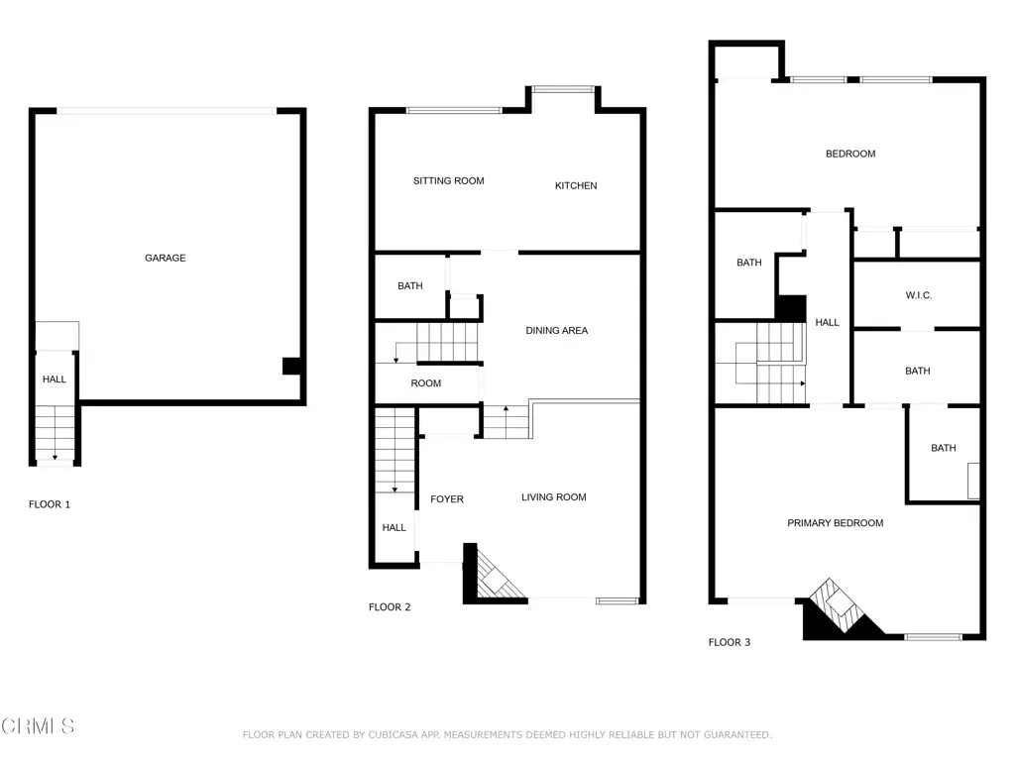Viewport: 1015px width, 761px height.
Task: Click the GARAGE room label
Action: [x=166, y=258]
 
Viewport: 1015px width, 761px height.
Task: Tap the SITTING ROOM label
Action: [x=449, y=180]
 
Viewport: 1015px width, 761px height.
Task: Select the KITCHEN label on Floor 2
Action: [x=576, y=185]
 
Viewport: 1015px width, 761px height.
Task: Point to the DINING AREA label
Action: [x=557, y=331]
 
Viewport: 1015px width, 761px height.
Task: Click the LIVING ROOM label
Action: [x=553, y=497]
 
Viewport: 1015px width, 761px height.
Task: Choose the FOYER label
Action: [x=447, y=499]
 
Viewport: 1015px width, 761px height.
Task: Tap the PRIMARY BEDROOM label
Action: [x=835, y=523]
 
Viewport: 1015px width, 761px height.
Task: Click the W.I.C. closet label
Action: [x=919, y=295]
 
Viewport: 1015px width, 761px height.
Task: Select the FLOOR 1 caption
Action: [x=50, y=504]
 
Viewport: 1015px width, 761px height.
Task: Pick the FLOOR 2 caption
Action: [x=389, y=607]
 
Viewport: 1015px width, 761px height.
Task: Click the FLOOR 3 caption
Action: [x=729, y=642]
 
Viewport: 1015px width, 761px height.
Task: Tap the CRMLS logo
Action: [x=38, y=726]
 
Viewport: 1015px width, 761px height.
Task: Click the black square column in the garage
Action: [x=291, y=367]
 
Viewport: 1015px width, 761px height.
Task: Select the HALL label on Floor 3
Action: [x=827, y=322]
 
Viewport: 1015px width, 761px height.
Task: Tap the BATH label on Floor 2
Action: [x=409, y=285]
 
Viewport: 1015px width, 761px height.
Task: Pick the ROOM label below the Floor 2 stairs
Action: [x=426, y=383]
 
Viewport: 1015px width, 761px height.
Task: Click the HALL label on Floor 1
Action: [x=55, y=380]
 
